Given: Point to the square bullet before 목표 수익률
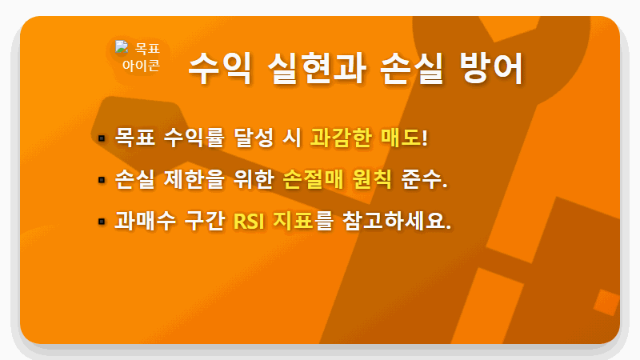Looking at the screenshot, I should tap(102, 138).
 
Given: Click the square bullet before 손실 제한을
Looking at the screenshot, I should tap(102, 179).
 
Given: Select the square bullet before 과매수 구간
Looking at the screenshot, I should tap(102, 221).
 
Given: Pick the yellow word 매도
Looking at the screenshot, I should tap(400, 137).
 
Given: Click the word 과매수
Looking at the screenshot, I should tap(139, 220).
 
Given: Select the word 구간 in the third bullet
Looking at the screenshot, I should tap(199, 220).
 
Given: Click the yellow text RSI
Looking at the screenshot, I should tap(248, 220).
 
